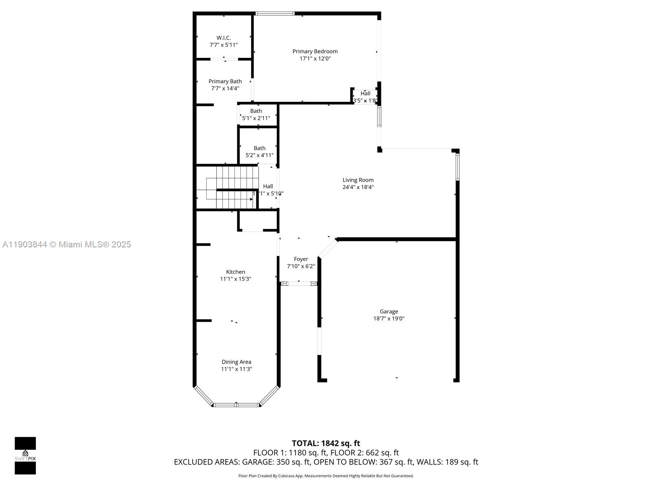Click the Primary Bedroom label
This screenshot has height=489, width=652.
point(315,51)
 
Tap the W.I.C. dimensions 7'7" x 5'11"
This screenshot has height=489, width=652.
point(224,45)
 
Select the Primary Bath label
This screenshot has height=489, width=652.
point(225,81)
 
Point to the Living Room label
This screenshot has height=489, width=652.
point(358,180)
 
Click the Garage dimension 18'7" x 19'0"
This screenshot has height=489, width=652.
point(389,319)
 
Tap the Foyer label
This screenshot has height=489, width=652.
point(301,259)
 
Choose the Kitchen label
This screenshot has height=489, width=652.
point(236,272)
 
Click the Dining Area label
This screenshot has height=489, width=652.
point(236,361)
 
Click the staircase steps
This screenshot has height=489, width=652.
point(234,187)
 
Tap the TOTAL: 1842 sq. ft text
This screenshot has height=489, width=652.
point(326,443)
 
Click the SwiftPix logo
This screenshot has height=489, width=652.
point(25,455)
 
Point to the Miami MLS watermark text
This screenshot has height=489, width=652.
point(67,244)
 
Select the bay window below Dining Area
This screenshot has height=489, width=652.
point(236,405)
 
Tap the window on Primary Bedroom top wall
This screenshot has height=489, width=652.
point(275,13)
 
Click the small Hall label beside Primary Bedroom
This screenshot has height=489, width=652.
point(365,93)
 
